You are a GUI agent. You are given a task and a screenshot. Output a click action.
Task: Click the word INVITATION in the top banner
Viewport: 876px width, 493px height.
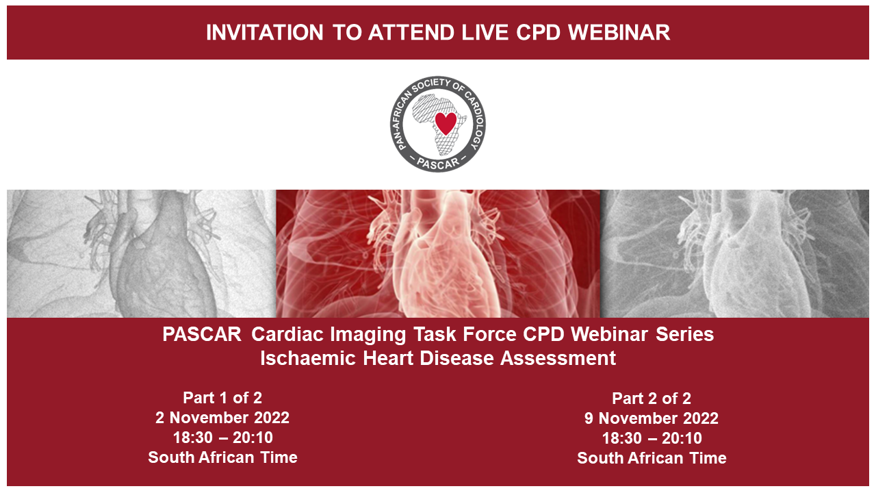tap(264, 32)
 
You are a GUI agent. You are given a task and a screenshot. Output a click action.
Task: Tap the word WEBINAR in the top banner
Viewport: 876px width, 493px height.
tap(619, 32)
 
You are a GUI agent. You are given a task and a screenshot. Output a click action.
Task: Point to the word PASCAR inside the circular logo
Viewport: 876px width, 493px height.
tap(438, 163)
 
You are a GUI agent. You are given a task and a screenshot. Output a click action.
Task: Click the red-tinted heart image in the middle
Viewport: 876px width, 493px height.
tap(438, 253)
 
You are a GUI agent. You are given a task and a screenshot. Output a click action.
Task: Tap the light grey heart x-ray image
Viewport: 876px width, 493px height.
tap(142, 253)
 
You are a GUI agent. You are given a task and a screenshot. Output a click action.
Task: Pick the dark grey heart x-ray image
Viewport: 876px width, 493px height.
tap(735, 253)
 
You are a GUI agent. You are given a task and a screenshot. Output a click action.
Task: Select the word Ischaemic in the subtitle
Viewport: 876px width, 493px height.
tap(308, 358)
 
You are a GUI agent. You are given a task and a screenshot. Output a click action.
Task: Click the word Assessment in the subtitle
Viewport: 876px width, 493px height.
tap(558, 358)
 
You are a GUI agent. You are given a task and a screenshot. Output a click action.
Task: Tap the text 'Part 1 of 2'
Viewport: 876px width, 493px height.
tap(222, 398)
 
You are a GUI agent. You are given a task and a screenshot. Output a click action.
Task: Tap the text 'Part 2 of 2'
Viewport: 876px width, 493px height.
tap(652, 399)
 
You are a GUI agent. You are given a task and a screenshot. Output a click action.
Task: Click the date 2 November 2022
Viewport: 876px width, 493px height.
tap(222, 418)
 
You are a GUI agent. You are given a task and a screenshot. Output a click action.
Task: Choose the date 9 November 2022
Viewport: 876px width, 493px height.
tap(652, 418)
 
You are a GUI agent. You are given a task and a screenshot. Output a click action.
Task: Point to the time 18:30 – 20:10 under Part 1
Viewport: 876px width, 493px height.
tap(223, 438)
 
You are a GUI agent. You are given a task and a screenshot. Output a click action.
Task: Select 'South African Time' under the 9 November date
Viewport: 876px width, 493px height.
tap(652, 459)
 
